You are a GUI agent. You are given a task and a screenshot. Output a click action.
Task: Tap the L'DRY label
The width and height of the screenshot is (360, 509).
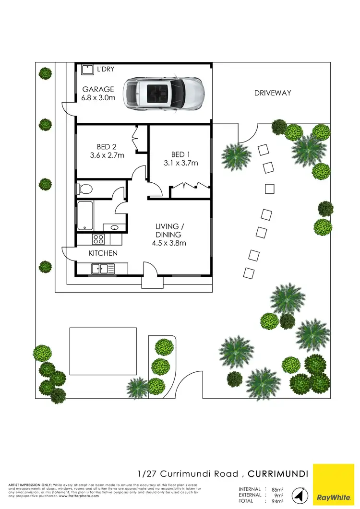point(106,69)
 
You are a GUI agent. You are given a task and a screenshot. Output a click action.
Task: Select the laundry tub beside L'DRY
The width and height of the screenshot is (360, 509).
point(87,70)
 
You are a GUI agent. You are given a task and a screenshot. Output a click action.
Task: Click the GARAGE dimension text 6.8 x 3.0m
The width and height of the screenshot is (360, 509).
point(98,98)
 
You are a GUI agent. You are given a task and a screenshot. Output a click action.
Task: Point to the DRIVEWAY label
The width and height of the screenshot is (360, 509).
point(273,93)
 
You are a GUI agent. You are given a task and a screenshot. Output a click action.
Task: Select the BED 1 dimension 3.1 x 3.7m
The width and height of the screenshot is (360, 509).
point(180,163)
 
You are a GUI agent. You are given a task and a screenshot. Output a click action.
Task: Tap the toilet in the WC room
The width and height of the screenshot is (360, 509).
point(84,189)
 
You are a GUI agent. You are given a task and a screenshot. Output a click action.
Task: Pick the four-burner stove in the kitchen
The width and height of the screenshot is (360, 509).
point(99,238)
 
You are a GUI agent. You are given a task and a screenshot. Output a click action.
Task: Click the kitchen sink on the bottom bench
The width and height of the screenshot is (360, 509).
point(101,269)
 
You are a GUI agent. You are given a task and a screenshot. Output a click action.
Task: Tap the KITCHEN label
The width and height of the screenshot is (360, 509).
point(103,253)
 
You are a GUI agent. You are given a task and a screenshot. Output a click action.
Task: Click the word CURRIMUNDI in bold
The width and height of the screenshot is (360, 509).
point(277,474)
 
